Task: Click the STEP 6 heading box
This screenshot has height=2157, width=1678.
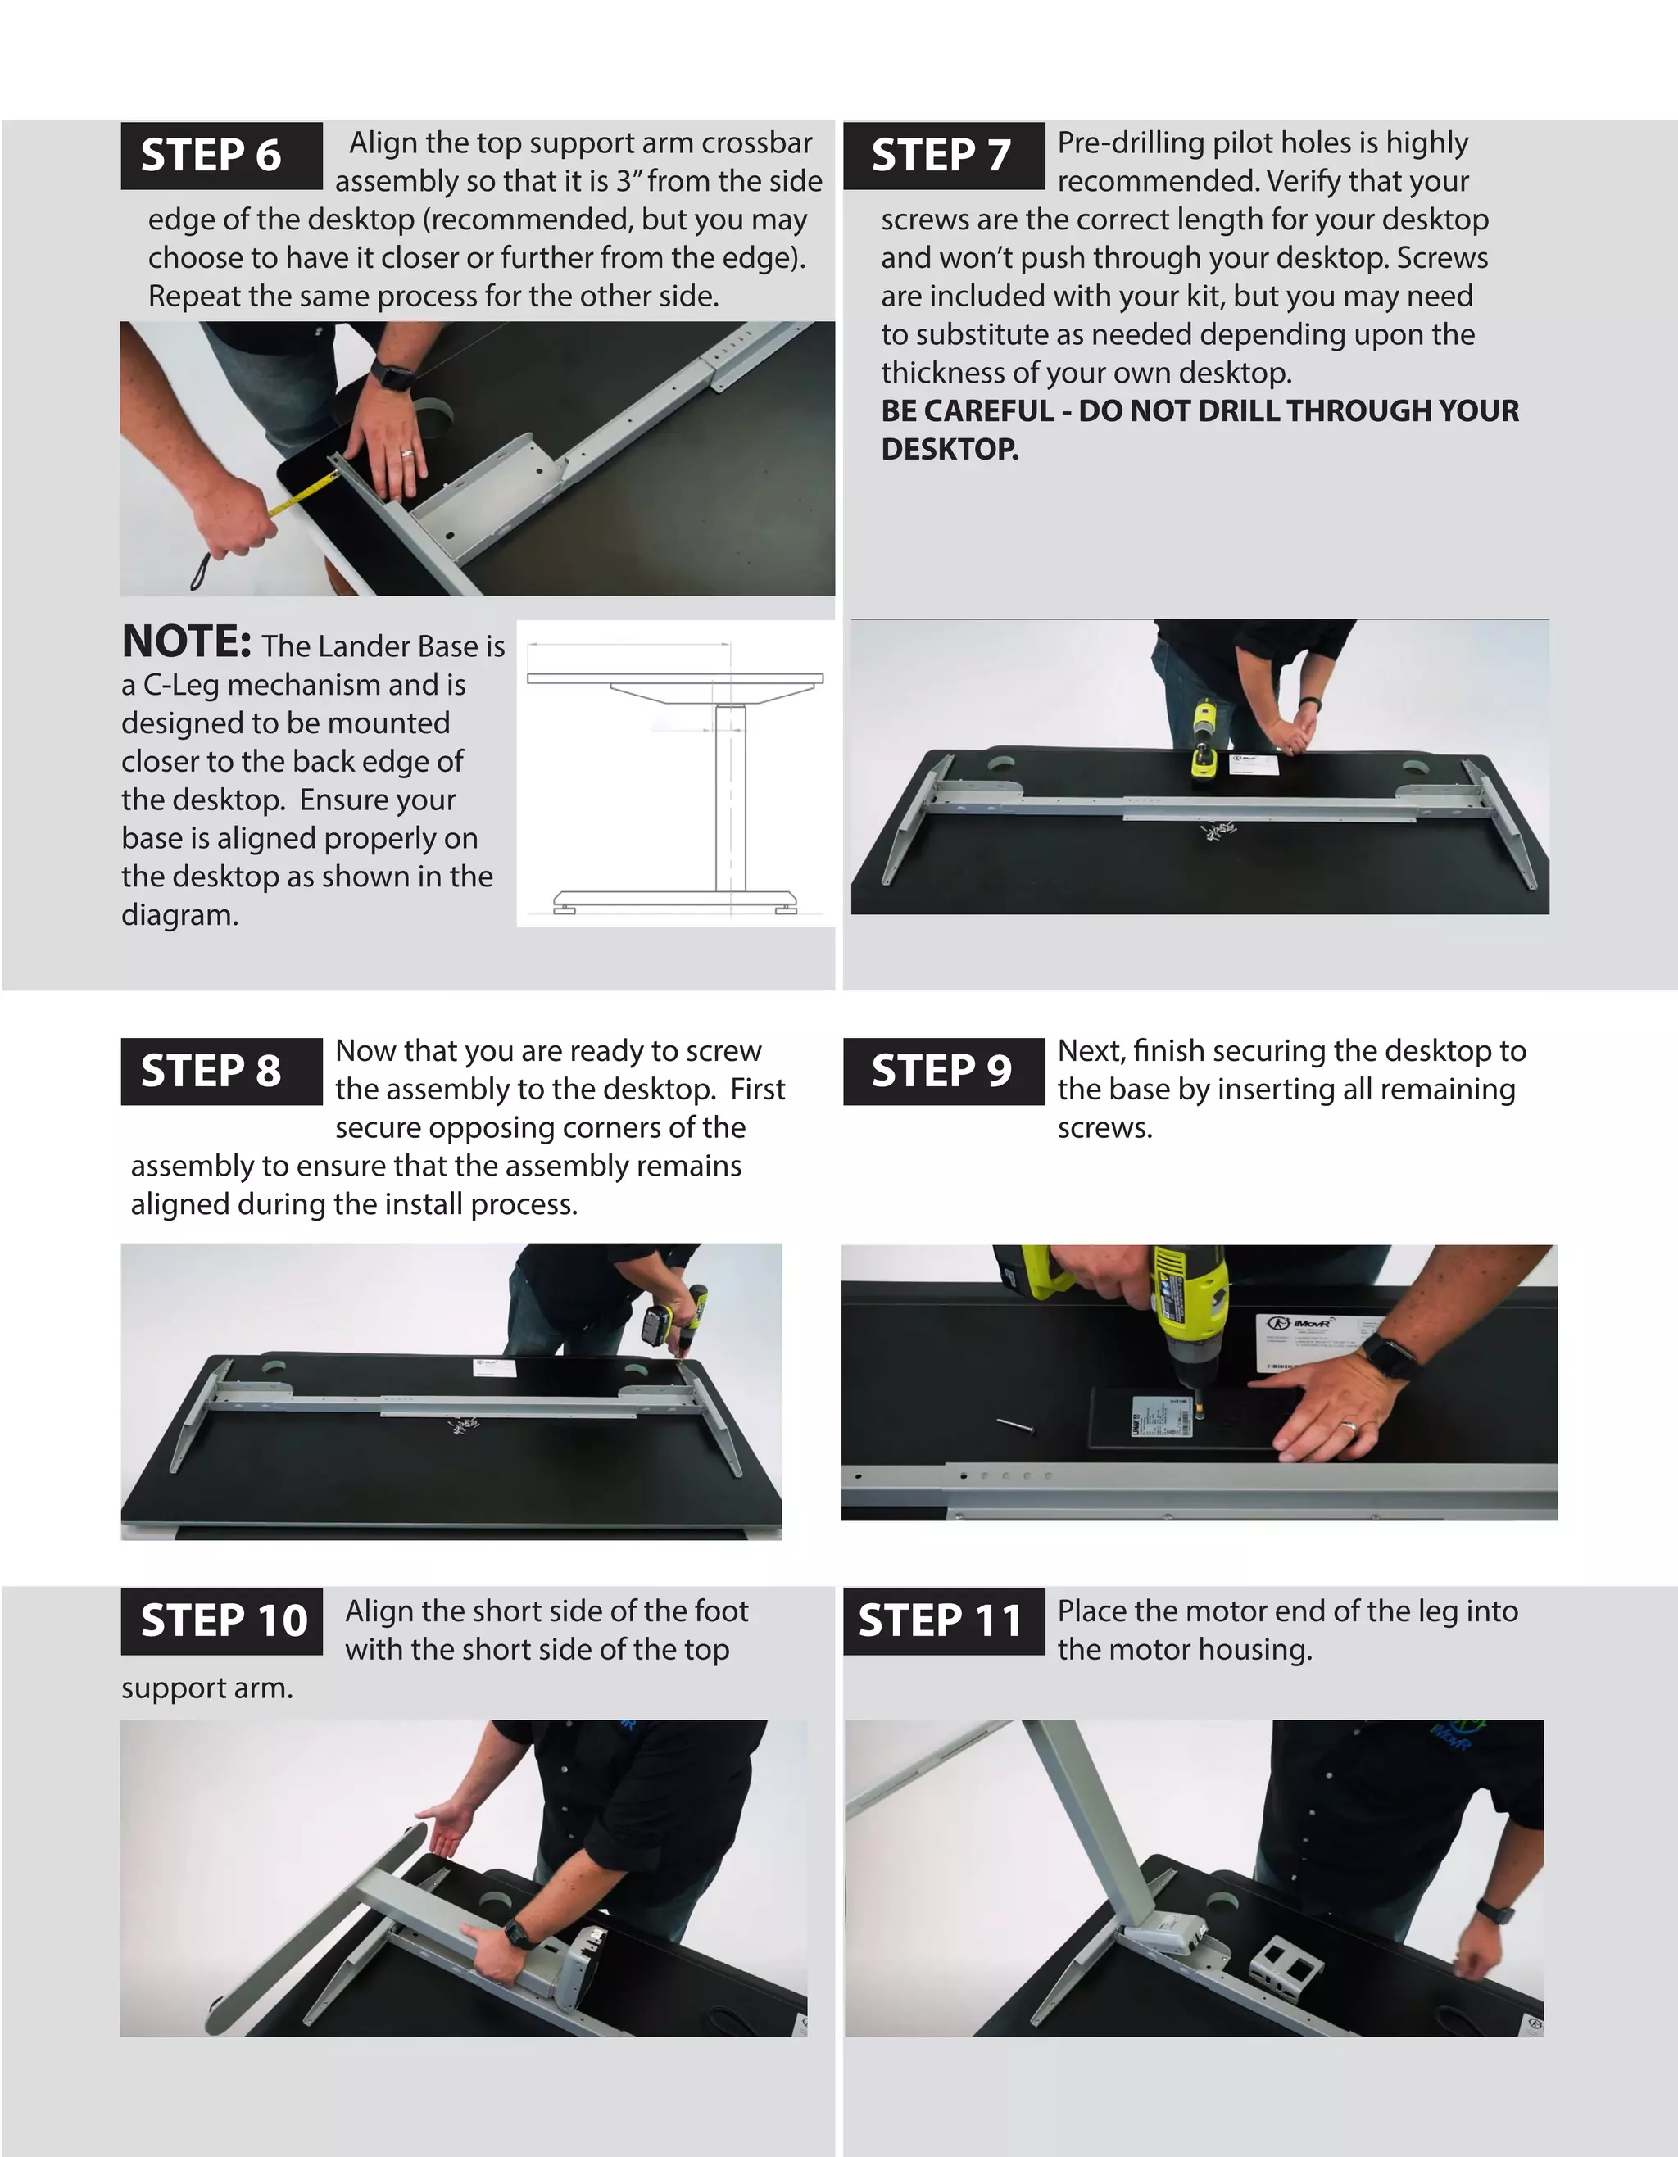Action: point(221,156)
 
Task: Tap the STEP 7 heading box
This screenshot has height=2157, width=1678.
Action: point(943,156)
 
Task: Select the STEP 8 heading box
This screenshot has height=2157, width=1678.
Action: point(221,1072)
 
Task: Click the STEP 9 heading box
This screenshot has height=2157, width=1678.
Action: point(943,1072)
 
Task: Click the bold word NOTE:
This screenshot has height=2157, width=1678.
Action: point(187,642)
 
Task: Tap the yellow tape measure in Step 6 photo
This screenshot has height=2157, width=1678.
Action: point(302,494)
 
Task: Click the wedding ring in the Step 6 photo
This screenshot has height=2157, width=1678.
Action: point(406,455)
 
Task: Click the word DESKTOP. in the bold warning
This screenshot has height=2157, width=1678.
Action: point(949,450)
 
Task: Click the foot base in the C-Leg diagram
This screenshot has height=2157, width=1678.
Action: point(676,899)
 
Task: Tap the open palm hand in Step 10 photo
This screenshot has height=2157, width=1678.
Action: point(442,1835)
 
